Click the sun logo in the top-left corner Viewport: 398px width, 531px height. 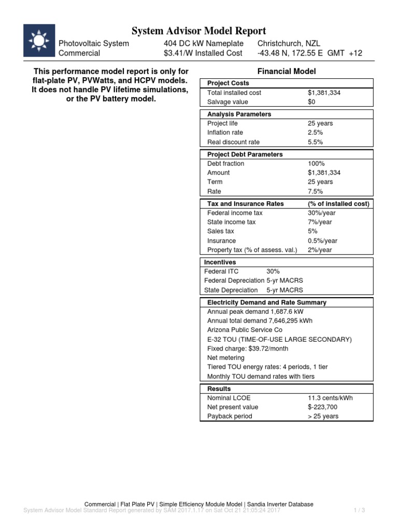click(39, 40)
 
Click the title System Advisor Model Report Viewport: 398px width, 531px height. click(199, 31)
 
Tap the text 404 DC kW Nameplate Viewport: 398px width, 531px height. click(201, 44)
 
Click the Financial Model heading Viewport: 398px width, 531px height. click(286, 72)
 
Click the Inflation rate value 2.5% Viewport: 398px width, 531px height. click(315, 133)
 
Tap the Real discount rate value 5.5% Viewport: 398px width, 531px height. click(315, 142)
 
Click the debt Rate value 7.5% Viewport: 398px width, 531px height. click(315, 191)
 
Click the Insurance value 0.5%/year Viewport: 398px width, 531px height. click(322, 241)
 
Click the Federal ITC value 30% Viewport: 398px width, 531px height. click(273, 271)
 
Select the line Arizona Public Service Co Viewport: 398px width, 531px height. click(245, 330)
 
